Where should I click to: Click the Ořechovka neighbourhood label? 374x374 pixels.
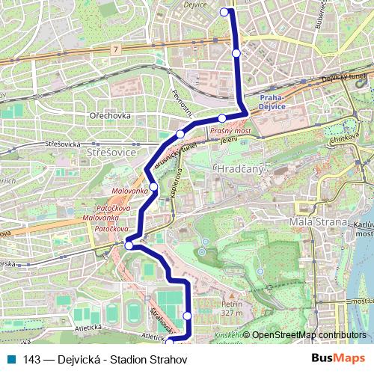pos(110,116)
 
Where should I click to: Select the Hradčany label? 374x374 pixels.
pos(239,170)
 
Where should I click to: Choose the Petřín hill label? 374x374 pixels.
pos(232,308)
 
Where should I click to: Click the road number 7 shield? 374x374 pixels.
pos(116,49)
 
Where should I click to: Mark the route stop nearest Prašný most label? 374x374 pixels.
pos(222,118)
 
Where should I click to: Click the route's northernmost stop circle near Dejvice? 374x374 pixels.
pos(224,11)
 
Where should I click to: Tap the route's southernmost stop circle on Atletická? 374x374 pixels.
pos(169,341)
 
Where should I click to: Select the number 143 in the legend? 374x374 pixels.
pos(31,360)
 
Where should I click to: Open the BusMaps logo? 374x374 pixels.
pos(338,359)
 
